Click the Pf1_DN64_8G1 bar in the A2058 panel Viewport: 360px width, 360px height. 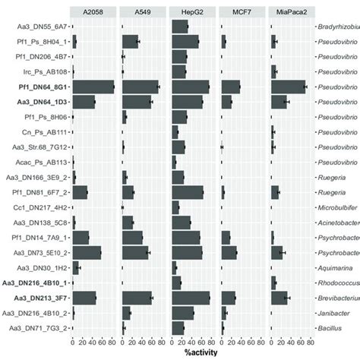(93, 87)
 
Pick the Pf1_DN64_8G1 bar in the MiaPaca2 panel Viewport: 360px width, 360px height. (288, 87)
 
